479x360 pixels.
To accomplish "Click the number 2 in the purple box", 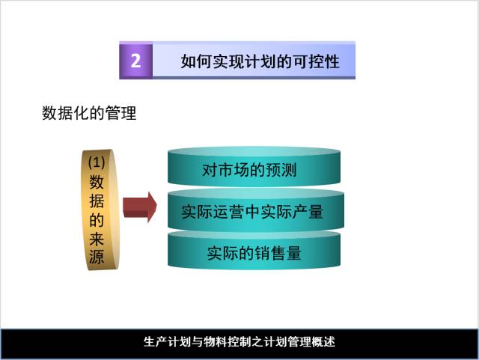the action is pos(135,61).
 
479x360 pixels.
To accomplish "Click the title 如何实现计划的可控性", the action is pos(260,61).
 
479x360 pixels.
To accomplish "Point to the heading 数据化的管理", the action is pos(88,115).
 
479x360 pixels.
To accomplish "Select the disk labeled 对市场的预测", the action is pos(249,171).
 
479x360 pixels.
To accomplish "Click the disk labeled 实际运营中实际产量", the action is pos(252,212).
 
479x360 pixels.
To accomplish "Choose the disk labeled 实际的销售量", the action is pos(254,253).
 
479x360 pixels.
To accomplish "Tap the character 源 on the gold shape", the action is pos(97,257).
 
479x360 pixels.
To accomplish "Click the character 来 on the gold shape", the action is pos(97,239).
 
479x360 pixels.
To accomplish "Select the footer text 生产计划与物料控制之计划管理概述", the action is pos(239,341).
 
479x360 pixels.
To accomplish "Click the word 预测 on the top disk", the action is pos(281,171).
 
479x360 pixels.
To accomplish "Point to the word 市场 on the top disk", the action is pos(234,171).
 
